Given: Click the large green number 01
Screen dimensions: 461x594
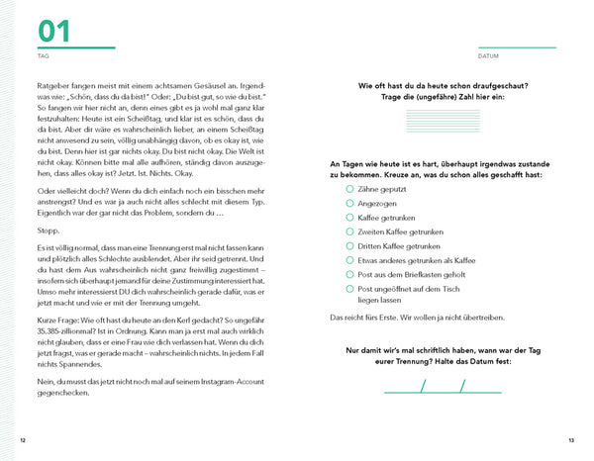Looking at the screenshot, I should click(x=54, y=31).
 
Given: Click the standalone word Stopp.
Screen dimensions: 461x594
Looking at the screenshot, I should click(x=48, y=230).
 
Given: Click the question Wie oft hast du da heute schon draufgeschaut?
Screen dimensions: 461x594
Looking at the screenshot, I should click(x=458, y=87).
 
